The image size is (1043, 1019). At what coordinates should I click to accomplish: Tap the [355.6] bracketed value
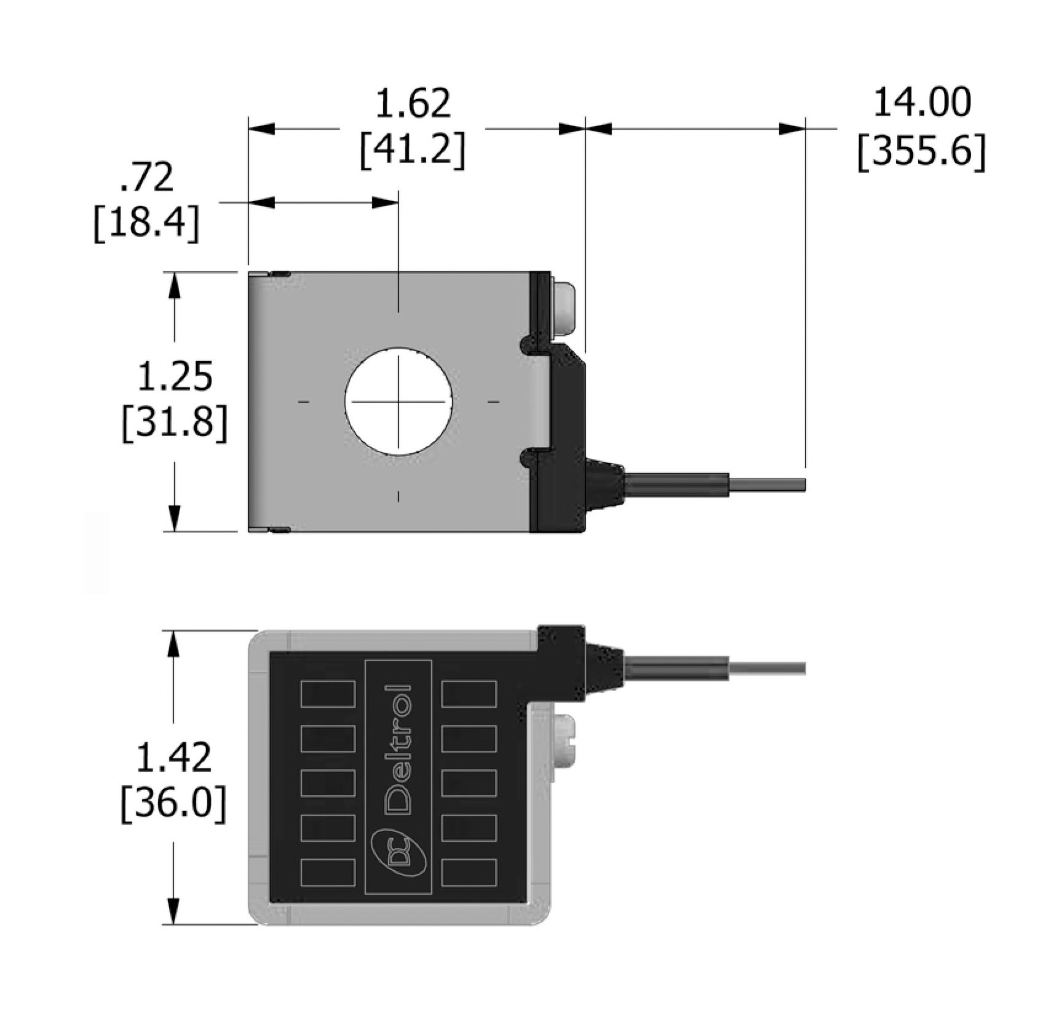click(922, 151)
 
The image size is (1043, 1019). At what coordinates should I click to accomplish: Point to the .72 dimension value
click(146, 178)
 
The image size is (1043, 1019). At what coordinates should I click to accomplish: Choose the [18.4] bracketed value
click(146, 223)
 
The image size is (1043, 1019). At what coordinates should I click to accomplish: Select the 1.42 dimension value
click(173, 757)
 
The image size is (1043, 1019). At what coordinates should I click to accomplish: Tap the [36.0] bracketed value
click(173, 803)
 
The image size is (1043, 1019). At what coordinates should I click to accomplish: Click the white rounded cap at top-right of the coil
click(564, 307)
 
